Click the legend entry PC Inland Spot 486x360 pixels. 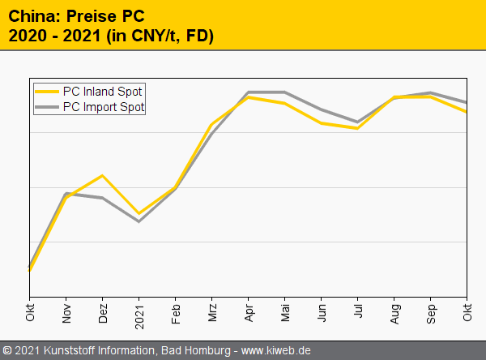[102, 92]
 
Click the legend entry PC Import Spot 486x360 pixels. [103, 106]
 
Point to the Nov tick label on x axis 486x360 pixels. [66, 314]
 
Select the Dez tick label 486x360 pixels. [103, 314]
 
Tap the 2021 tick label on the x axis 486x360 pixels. [139, 311]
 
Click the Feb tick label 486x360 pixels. [176, 314]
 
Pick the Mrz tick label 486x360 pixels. [212, 314]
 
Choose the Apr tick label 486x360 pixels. [249, 314]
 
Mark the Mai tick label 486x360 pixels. [285, 314]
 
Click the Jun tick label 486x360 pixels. [322, 314]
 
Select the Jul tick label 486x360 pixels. [357, 314]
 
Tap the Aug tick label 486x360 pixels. [394, 314]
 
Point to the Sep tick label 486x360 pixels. [431, 314]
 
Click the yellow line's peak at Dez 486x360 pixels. [103, 175]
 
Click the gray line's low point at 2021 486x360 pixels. [139, 221]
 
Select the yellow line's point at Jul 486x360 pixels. [357, 128]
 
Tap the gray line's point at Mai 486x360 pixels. [285, 92]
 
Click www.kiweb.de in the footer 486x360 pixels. [277, 350]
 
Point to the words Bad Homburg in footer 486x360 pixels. [194, 350]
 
